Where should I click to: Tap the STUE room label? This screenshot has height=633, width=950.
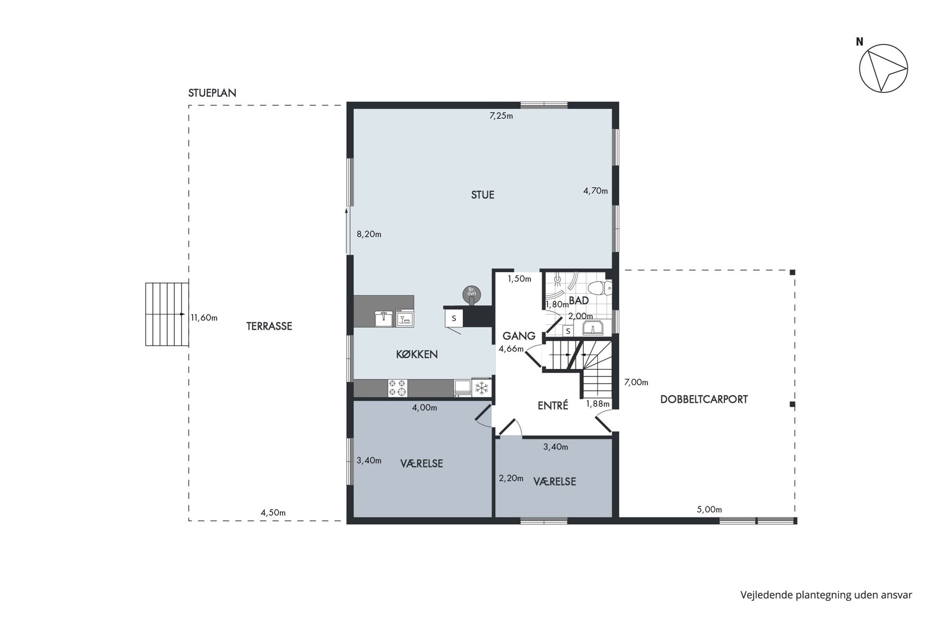tap(482, 195)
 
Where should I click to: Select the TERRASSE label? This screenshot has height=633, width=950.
tap(269, 326)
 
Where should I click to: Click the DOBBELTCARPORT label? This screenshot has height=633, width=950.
tap(704, 399)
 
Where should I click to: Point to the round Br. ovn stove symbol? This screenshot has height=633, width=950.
tap(471, 294)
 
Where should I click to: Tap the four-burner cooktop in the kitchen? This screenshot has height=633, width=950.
tap(397, 388)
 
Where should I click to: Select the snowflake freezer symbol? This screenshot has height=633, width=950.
tap(481, 388)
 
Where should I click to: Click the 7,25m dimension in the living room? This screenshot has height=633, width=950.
tap(501, 116)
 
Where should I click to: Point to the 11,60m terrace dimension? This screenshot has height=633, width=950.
tap(204, 318)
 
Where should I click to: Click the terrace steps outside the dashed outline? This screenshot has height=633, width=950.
tap(167, 314)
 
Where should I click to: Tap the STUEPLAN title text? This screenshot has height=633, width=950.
tap(212, 93)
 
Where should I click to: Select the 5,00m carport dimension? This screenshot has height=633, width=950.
tap(709, 510)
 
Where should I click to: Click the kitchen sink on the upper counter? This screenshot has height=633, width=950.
tap(384, 318)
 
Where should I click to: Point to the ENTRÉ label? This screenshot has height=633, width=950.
tap(553, 406)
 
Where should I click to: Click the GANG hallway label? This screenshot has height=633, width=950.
tap(519, 336)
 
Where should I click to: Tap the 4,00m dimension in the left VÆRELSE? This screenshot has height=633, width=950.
tap(424, 408)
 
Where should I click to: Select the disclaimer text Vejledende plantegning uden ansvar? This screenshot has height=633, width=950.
tap(826, 595)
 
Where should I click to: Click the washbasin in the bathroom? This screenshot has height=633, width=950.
tap(594, 328)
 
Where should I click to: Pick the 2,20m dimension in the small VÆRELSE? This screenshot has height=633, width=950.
tap(511, 478)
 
